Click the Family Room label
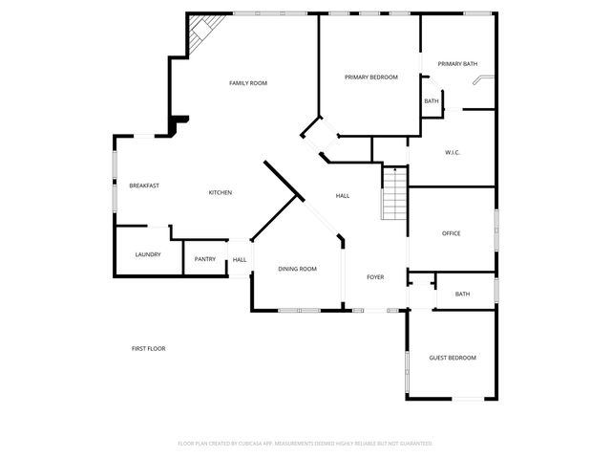247,83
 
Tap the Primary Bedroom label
370,76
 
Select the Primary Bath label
457,64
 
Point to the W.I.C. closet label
453,153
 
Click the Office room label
451,233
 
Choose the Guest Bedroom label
452,358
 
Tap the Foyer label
375,277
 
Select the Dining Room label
297,270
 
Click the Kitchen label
221,193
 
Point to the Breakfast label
144,186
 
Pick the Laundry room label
148,255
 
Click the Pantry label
204,259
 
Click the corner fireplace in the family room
201,33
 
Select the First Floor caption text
148,349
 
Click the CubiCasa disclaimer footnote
305,444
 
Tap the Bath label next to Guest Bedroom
462,295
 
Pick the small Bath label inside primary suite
432,101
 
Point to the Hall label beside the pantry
240,260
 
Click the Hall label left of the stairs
342,196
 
